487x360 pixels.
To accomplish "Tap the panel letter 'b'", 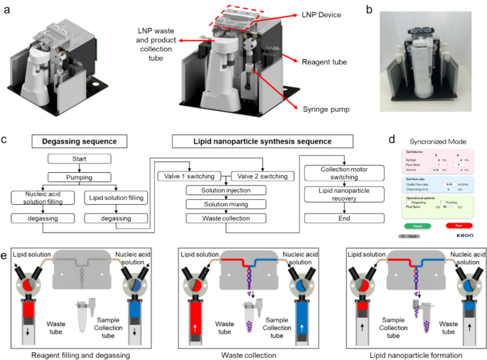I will coord(388,10).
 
